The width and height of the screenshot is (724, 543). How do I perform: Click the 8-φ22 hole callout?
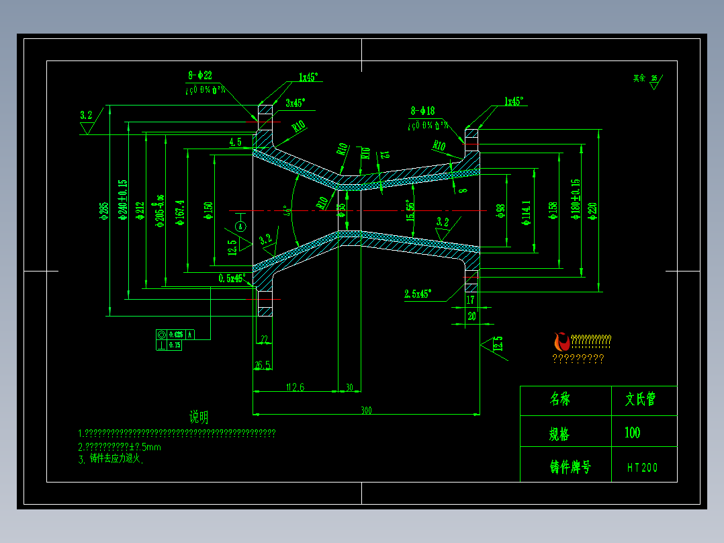(x=200, y=76)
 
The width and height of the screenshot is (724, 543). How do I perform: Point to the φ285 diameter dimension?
(x=103, y=210)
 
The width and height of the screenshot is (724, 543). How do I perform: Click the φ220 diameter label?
(x=592, y=210)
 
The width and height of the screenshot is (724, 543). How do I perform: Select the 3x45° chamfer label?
(x=295, y=103)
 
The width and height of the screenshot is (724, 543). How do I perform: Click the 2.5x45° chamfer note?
(x=418, y=294)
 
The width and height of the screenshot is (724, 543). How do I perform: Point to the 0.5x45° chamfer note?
(x=232, y=278)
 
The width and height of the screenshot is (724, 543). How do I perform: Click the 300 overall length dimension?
(x=366, y=410)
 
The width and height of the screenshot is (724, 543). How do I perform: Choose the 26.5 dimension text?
(x=262, y=365)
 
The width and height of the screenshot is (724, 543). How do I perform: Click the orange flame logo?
(x=560, y=341)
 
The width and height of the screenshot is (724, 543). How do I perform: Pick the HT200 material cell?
(x=643, y=467)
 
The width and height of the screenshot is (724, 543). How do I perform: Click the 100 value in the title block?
(x=632, y=433)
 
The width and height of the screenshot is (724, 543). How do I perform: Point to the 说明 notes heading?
(x=199, y=417)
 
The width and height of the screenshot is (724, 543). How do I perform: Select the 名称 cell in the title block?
(x=559, y=399)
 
